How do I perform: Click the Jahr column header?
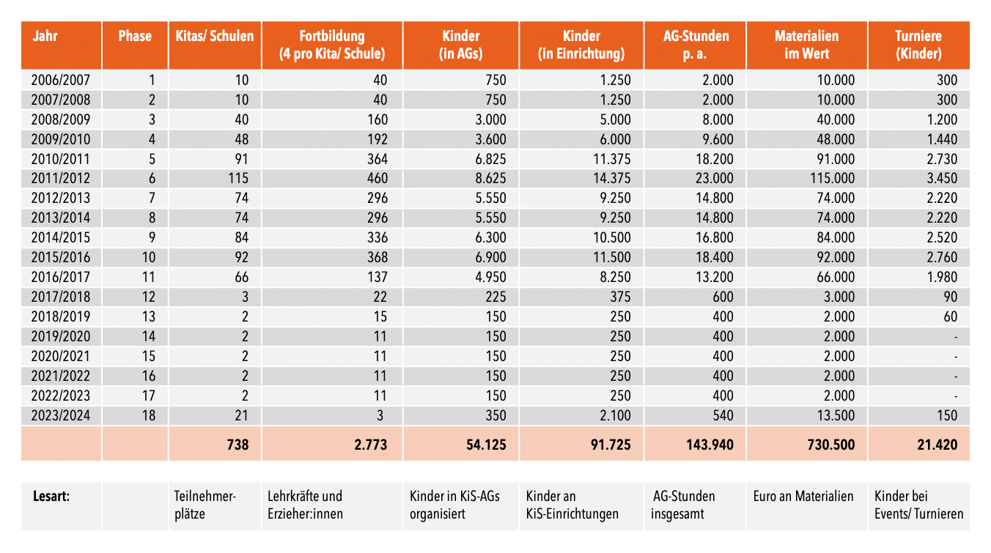tap(45, 36)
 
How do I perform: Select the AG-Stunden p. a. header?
tap(696, 45)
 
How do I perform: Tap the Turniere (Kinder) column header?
tap(918, 45)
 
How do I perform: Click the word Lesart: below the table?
tap(51, 497)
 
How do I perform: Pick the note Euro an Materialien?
tap(803, 497)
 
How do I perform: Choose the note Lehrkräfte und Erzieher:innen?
tap(305, 505)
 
